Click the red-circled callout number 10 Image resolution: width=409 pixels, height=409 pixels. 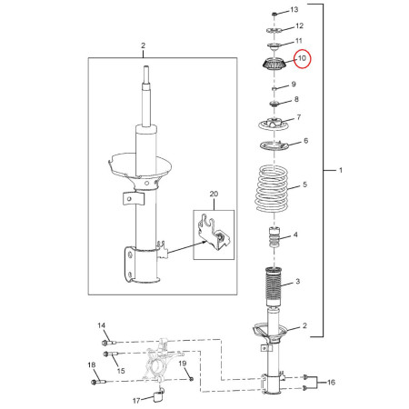tap(303, 58)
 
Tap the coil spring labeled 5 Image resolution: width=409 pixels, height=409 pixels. tap(272, 188)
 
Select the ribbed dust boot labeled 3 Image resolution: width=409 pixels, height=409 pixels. tap(274, 286)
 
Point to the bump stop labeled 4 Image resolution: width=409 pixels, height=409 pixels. tap(274, 236)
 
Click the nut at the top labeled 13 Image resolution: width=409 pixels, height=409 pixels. tap(274, 14)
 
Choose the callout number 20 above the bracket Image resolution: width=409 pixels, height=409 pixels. tap(214, 194)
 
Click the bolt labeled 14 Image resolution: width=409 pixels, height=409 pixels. tap(109, 343)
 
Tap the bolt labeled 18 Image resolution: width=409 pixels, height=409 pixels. tap(98, 382)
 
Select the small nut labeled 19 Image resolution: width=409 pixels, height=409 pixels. tap(191, 379)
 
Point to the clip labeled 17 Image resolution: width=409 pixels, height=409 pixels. tap(159, 395)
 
